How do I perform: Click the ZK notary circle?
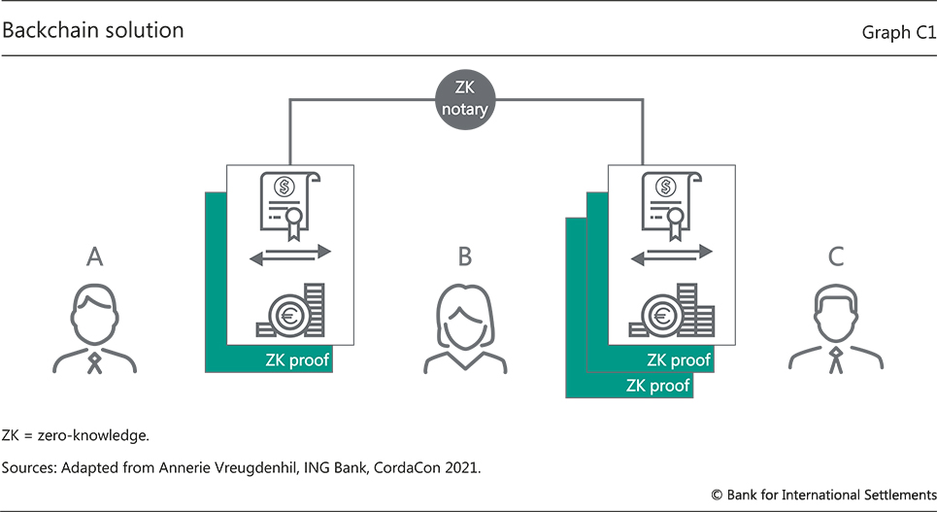click(464, 98)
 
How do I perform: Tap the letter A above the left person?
click(94, 256)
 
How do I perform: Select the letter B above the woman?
click(464, 256)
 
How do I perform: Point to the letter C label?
click(836, 256)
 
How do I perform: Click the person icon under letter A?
click(94, 330)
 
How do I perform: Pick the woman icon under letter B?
click(465, 330)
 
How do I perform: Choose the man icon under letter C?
click(836, 330)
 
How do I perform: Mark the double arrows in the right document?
click(671, 256)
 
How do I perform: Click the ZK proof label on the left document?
click(297, 360)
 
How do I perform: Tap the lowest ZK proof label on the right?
click(658, 386)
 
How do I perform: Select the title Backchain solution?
click(93, 30)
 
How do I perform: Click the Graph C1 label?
click(898, 33)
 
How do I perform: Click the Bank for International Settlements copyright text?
click(824, 495)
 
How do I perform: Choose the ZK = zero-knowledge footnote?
click(75, 434)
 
